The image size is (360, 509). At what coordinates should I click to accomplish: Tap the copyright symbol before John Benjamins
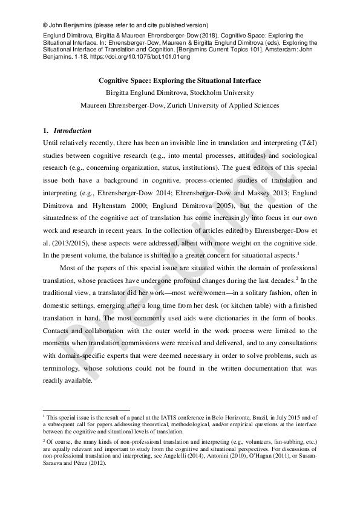pyautogui.click(x=45, y=26)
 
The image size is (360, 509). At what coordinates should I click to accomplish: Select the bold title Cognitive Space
pyautogui.click(x=180, y=80)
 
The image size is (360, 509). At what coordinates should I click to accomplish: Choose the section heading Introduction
pyautogui.click(x=73, y=131)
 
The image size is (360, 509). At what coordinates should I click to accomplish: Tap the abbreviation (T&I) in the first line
pyautogui.click(x=304, y=143)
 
